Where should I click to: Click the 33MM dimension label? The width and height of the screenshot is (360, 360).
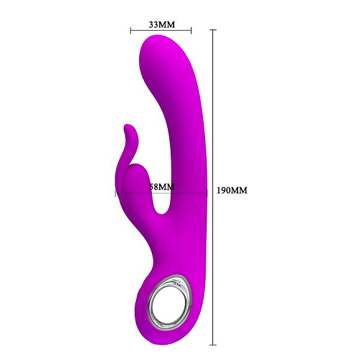(x=161, y=24)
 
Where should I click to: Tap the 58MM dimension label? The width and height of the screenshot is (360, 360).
(x=161, y=187)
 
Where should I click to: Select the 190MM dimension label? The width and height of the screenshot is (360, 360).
(x=232, y=191)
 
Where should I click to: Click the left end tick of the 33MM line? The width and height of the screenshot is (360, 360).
(x=131, y=30)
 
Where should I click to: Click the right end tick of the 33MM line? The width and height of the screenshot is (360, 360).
(x=192, y=30)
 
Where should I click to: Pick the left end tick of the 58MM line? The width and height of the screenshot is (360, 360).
(x=115, y=193)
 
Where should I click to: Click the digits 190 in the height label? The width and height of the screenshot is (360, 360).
(x=225, y=191)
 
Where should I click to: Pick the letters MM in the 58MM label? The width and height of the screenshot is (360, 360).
(x=168, y=187)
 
